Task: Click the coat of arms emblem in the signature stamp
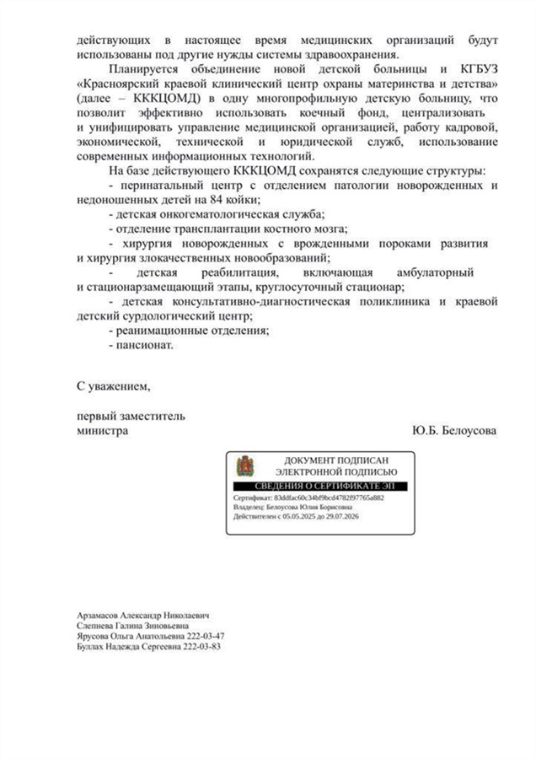coord(245,466)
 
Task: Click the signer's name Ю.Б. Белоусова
coord(455,430)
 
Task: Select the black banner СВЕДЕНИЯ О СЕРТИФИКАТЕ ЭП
coord(319,487)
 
